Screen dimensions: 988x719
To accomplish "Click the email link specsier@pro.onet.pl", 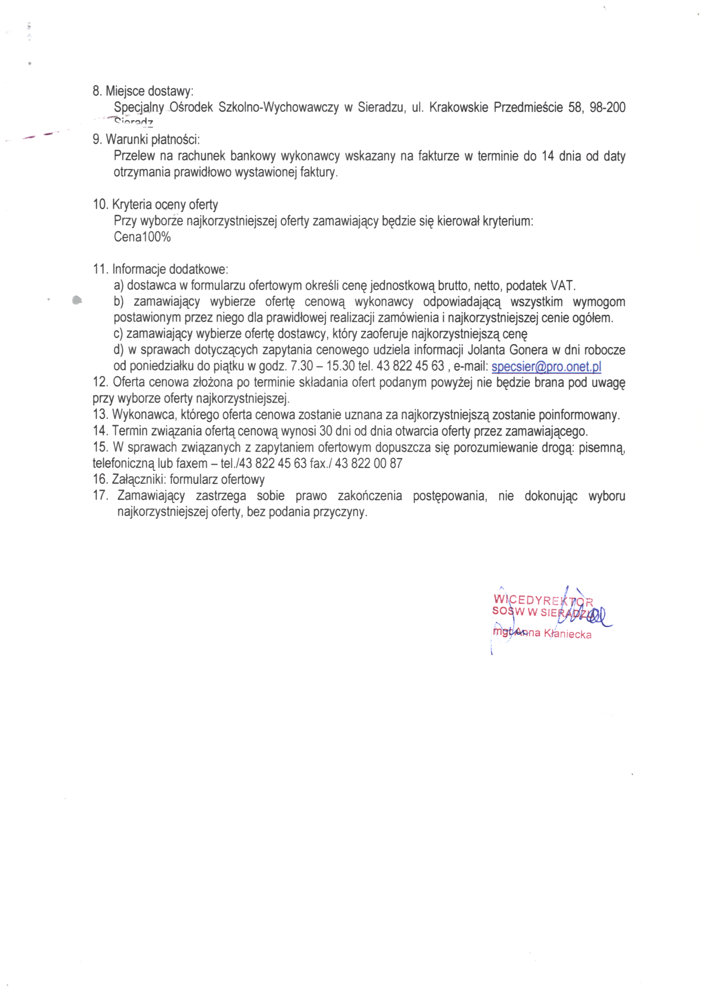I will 546,367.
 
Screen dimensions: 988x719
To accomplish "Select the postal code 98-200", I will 607,108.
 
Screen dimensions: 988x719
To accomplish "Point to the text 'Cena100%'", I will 142,237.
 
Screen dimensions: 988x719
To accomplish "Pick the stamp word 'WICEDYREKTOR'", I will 542,600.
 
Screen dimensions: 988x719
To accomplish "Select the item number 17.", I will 100,496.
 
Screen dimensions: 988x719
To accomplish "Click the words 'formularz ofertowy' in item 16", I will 217,480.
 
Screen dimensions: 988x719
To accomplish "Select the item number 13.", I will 100,415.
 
